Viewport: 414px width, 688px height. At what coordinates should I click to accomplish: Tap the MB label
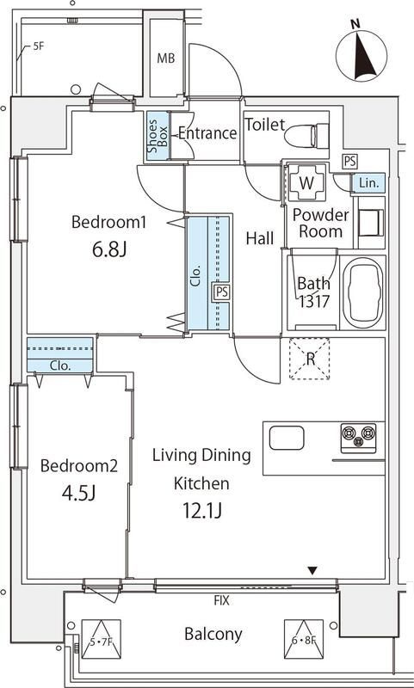[165, 58]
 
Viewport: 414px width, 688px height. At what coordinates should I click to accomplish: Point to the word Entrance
[207, 133]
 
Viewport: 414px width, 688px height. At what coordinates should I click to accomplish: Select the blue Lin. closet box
[368, 182]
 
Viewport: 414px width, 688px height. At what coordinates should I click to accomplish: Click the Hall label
[261, 237]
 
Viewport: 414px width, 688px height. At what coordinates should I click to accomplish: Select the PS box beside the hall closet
[221, 291]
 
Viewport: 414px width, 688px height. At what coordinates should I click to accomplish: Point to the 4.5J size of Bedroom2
[79, 493]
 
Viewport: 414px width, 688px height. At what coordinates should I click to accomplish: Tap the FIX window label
[221, 600]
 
